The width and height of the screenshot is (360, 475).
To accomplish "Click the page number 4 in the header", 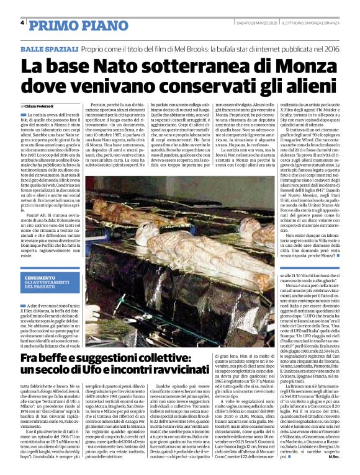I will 22,23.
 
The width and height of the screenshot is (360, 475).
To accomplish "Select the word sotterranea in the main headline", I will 199,64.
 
